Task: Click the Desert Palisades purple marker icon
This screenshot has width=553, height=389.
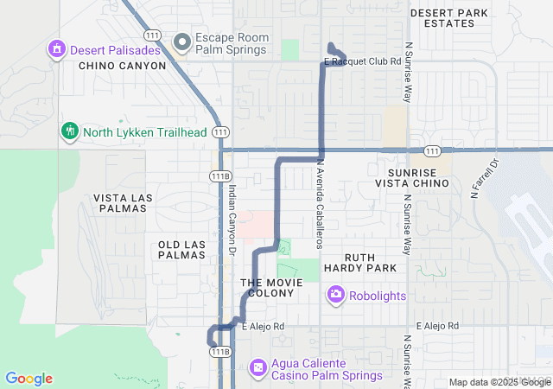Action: pyautogui.click(x=57, y=48)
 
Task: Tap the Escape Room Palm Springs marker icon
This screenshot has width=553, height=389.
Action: pyautogui.click(x=181, y=41)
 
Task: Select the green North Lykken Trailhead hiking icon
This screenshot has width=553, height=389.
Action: pyautogui.click(x=70, y=131)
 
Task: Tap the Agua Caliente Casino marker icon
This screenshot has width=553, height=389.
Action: pyautogui.click(x=258, y=368)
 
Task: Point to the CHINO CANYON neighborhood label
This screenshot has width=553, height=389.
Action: pyautogui.click(x=121, y=66)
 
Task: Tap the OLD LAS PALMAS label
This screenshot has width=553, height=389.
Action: pyautogui.click(x=181, y=250)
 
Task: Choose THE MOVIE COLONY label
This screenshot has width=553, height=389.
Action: pyautogui.click(x=271, y=288)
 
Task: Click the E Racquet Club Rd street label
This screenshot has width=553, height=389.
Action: pyautogui.click(x=363, y=62)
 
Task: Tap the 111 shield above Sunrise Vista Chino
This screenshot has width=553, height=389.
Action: pyautogui.click(x=433, y=151)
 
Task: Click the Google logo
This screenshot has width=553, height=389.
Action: pyautogui.click(x=29, y=379)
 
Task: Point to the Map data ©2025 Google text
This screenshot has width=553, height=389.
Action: pyautogui.click(x=499, y=383)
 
